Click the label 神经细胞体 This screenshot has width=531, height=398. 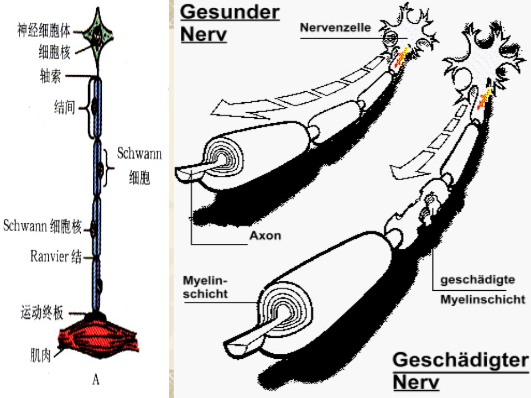(x=44, y=30)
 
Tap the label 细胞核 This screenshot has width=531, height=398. (x=55, y=52)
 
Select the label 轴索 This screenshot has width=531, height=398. (x=50, y=76)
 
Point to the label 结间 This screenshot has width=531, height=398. (x=64, y=107)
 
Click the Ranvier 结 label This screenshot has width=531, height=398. (x=56, y=256)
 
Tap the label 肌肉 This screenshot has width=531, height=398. (x=40, y=355)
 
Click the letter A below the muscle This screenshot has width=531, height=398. (x=96, y=380)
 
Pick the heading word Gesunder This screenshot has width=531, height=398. (x=230, y=12)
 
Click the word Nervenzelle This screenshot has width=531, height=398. (x=335, y=28)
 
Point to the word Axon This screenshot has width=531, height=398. (x=265, y=235)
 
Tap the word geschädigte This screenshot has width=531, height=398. (x=477, y=280)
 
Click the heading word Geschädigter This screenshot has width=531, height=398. (x=461, y=360)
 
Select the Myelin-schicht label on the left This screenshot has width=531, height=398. (x=205, y=287)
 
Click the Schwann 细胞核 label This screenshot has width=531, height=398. (x=43, y=226)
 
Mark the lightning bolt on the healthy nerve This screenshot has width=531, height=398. (x=402, y=56)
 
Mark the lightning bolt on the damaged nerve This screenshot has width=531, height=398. (x=485, y=99)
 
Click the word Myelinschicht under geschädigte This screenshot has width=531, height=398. (x=482, y=300)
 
